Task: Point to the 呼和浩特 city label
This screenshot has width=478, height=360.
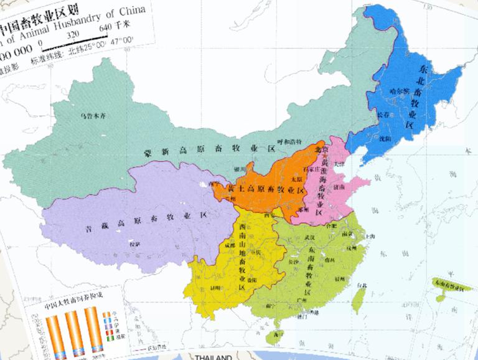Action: pos(289,142)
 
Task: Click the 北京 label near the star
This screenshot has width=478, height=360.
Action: pos(321,149)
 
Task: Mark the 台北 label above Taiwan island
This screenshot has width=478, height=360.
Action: pos(361,286)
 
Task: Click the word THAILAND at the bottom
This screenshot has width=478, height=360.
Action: pos(213,357)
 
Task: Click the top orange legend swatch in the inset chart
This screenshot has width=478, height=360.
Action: pos(105,315)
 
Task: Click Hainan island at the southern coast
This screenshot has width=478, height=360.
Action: pos(273,336)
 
